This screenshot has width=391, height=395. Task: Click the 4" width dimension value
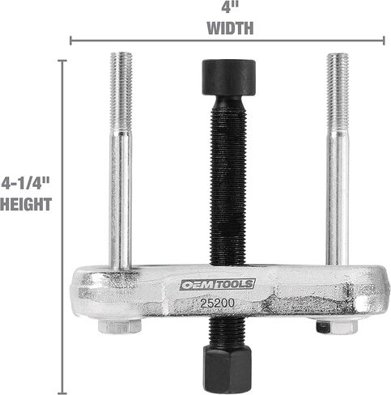(230, 6)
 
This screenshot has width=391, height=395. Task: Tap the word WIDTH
(230, 28)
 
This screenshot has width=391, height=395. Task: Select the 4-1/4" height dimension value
(26, 184)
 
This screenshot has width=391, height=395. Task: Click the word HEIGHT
(26, 204)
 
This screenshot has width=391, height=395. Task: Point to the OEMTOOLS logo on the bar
(218, 284)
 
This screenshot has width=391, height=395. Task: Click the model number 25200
(217, 304)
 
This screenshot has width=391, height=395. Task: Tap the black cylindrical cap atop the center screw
(229, 77)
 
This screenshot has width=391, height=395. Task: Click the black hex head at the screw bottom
(227, 369)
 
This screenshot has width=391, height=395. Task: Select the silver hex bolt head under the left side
(120, 326)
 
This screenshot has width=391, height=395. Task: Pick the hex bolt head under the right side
(337, 326)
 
